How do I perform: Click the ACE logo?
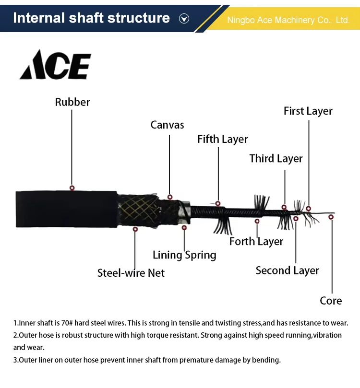click(55, 65)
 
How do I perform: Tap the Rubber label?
click(72, 102)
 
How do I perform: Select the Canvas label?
click(167, 125)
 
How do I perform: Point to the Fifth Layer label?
click(222, 140)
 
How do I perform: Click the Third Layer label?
click(276, 159)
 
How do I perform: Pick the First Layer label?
click(308, 111)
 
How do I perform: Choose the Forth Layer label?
click(256, 242)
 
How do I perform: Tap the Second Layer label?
click(287, 270)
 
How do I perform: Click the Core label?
click(331, 301)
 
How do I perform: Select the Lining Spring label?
click(184, 255)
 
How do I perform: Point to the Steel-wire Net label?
click(131, 273)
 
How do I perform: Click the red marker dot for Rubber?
click(72, 188)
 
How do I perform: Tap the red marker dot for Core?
click(331, 217)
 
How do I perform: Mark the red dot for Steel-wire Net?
click(135, 229)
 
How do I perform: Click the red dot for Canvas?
click(170, 197)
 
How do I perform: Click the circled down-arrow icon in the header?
click(184, 19)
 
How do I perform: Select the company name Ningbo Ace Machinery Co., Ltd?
click(288, 20)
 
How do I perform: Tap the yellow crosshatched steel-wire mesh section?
click(139, 210)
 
